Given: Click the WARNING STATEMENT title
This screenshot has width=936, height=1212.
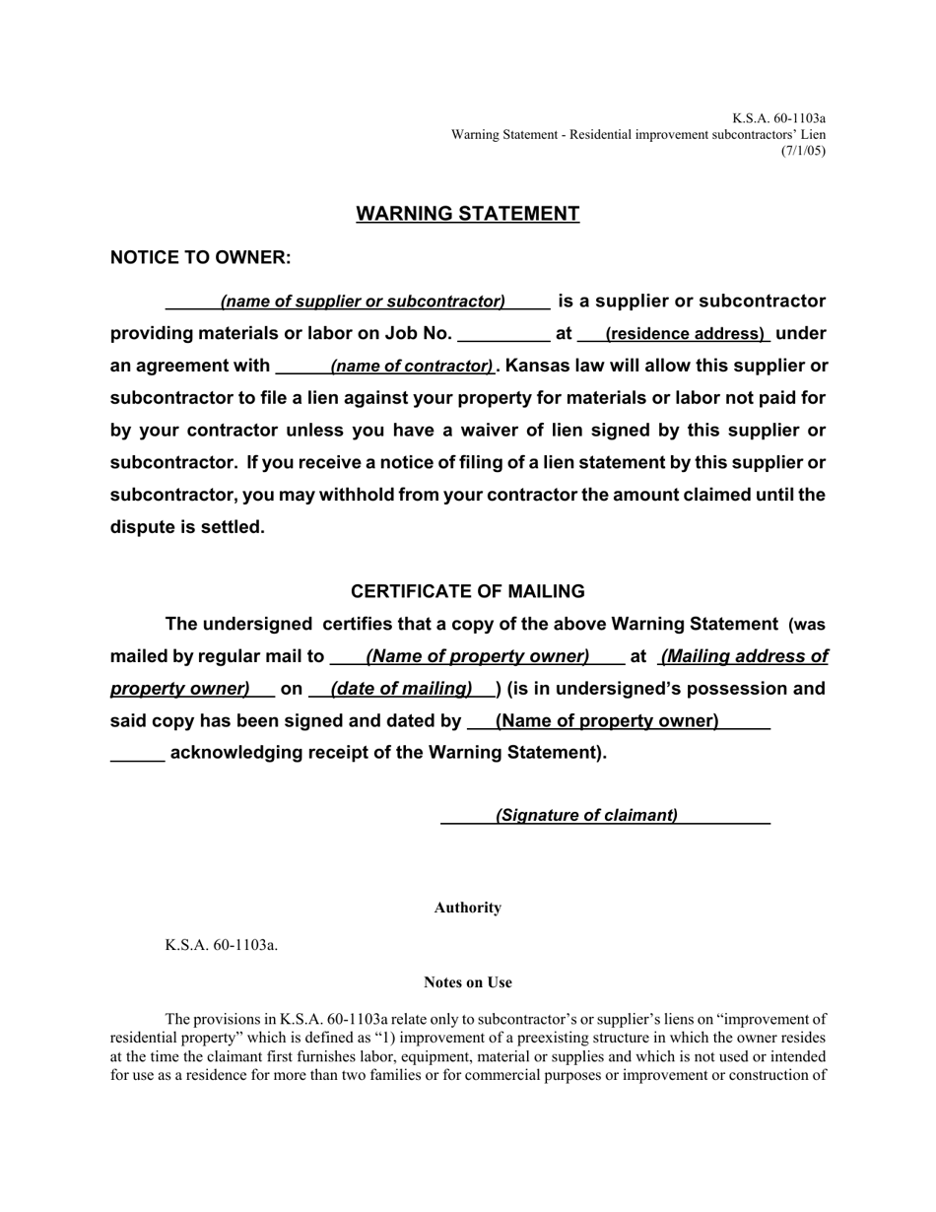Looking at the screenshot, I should tap(467, 214).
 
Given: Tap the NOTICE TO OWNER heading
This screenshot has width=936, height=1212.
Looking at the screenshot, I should tap(200, 257).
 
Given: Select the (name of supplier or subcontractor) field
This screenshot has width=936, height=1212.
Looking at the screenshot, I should tap(363, 302).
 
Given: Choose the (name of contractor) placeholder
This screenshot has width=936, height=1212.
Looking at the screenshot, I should tap(412, 367).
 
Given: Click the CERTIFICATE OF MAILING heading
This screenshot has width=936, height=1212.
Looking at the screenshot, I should tap(467, 591).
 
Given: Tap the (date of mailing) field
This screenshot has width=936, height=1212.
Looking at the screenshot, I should tap(401, 689).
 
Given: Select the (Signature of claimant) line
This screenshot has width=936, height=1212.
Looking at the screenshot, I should tap(586, 815).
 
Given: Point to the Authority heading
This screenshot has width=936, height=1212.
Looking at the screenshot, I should tap(467, 908).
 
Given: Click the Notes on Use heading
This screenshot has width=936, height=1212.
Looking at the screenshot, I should tap(467, 982).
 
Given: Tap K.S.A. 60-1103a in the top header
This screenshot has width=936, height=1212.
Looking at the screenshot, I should tap(778, 117).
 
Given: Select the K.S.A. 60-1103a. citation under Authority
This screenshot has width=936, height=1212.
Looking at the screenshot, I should tap(222, 945).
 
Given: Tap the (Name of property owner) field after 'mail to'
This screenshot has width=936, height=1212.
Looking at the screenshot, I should tap(477, 656).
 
